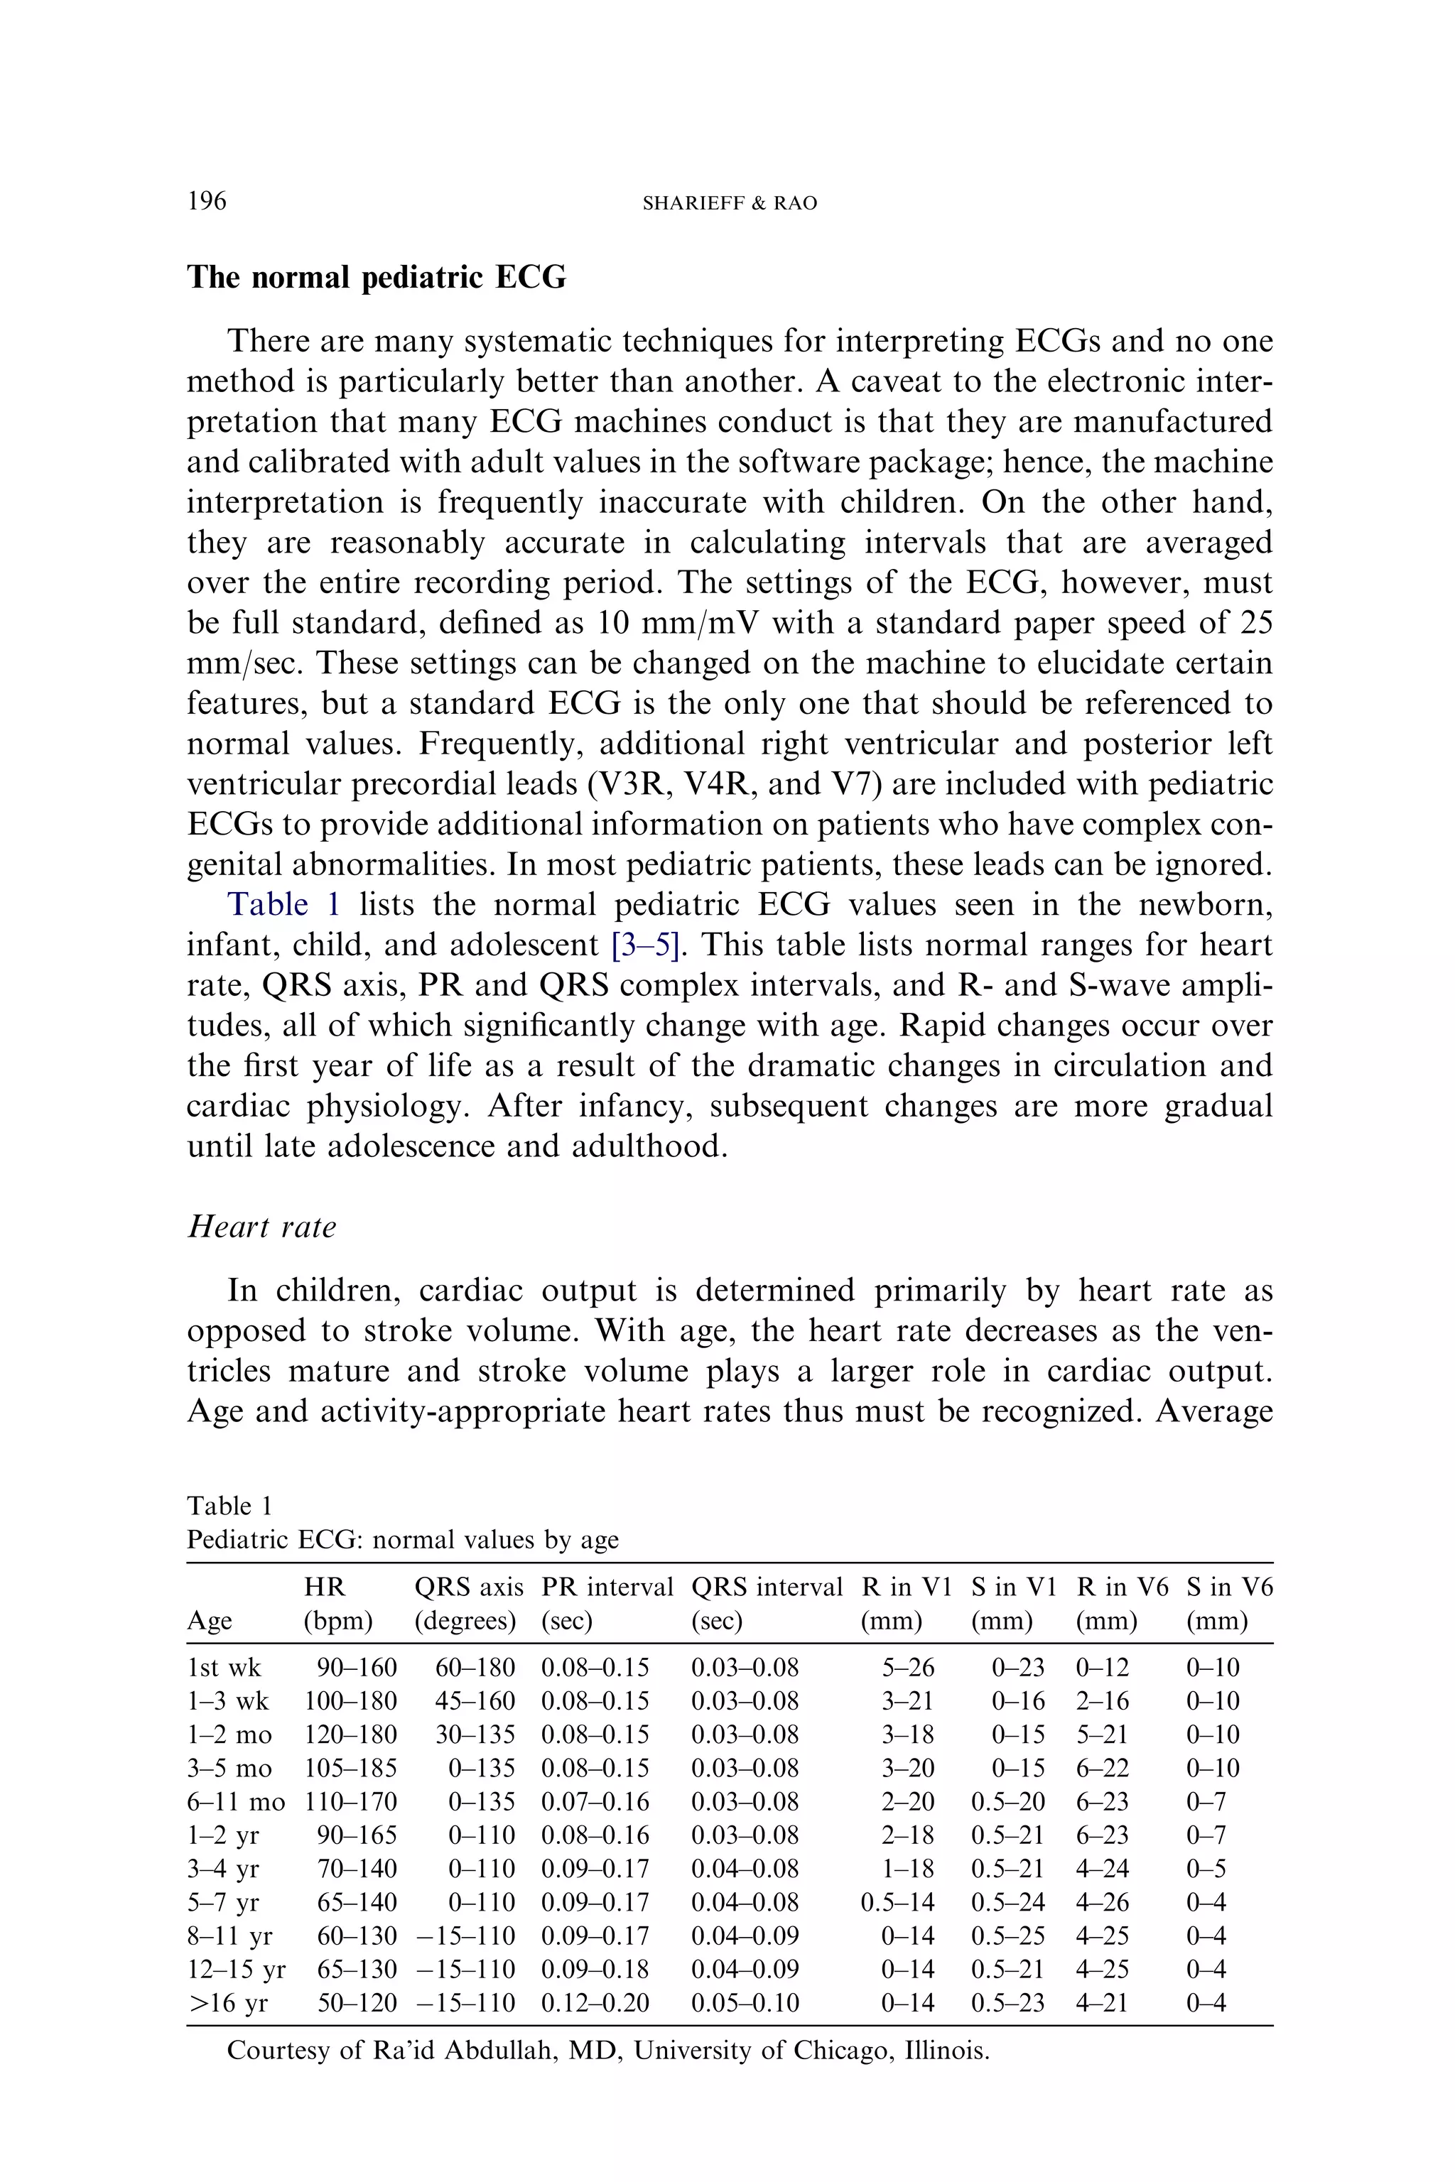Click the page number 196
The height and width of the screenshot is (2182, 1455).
[207, 200]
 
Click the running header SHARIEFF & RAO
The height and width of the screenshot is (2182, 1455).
[730, 203]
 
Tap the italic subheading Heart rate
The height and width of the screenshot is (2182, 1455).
[261, 1227]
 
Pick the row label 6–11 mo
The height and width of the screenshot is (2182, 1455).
[236, 1801]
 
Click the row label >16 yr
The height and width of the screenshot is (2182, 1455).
[228, 2003]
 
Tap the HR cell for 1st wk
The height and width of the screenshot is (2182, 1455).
[357, 1668]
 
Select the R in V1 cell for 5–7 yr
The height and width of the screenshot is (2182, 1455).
[897, 1903]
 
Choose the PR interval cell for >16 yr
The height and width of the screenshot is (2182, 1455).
[595, 2003]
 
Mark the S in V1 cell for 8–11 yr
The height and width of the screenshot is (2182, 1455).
[1007, 1936]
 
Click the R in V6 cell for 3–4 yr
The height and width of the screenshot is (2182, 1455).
[1103, 1869]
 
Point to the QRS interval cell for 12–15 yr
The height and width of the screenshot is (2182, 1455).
[745, 1970]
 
